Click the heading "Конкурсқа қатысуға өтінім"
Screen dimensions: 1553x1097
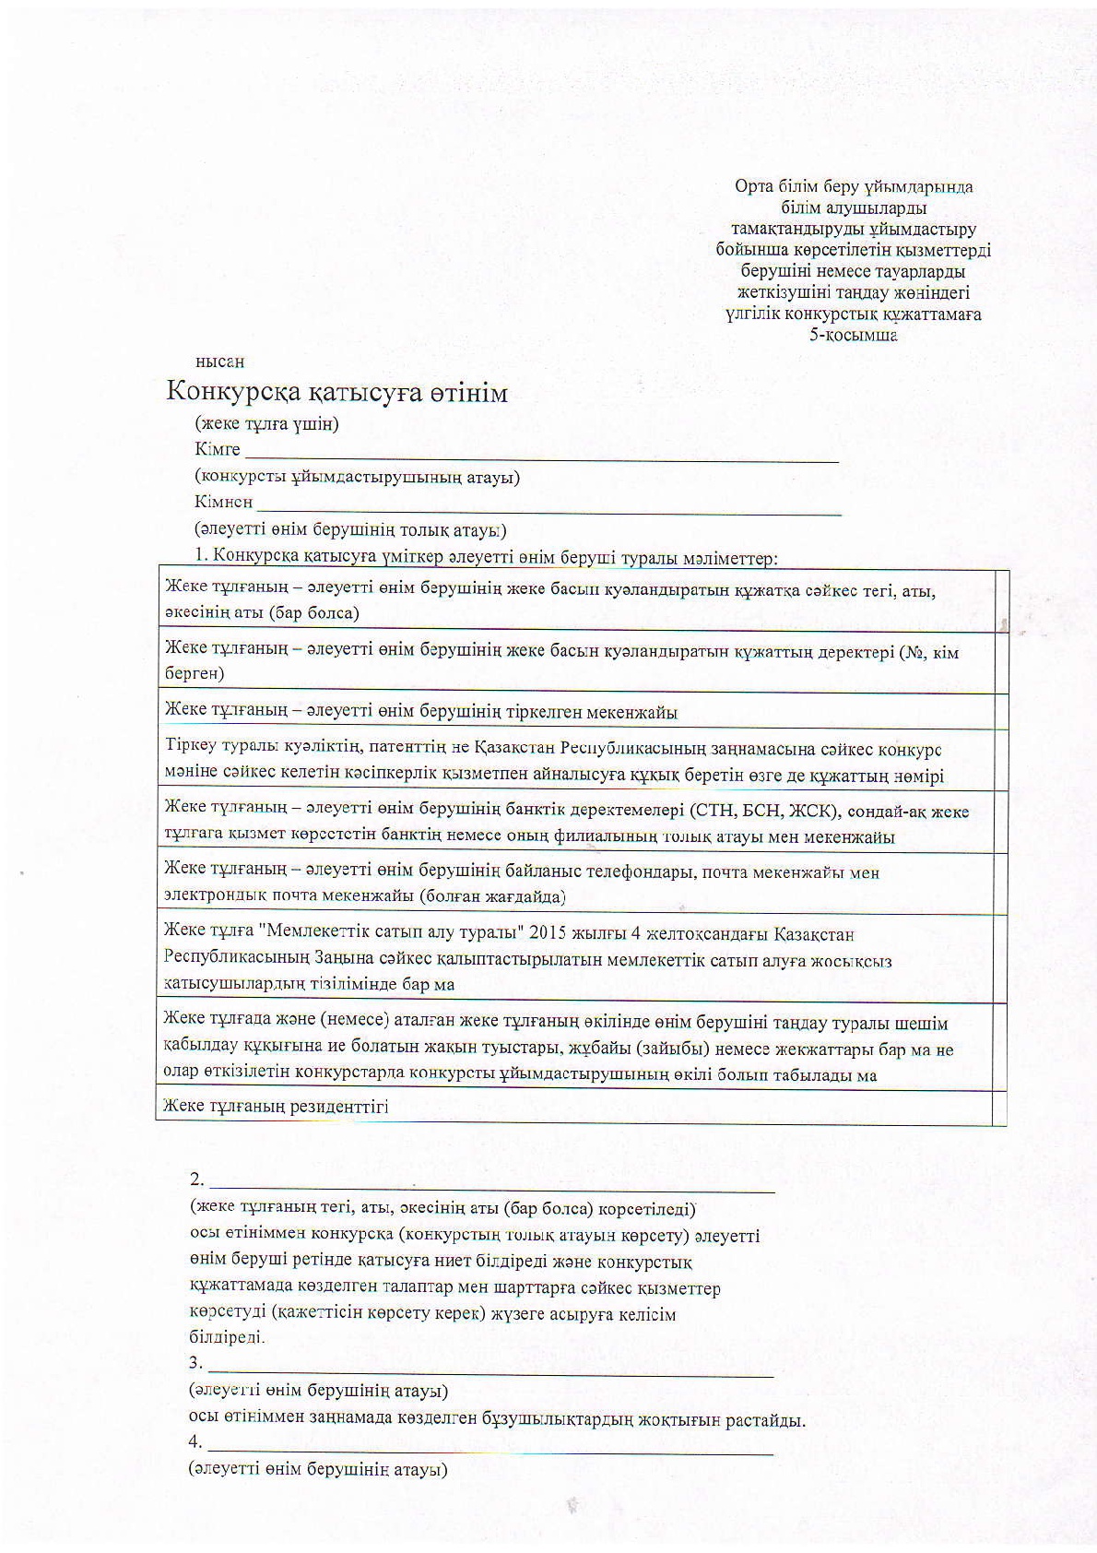(x=336, y=393)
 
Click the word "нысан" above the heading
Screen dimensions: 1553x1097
(x=219, y=362)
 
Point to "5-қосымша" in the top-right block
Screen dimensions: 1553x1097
(x=854, y=335)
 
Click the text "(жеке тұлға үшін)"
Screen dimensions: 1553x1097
(x=266, y=424)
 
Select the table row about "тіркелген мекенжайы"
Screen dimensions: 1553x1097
(x=420, y=712)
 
